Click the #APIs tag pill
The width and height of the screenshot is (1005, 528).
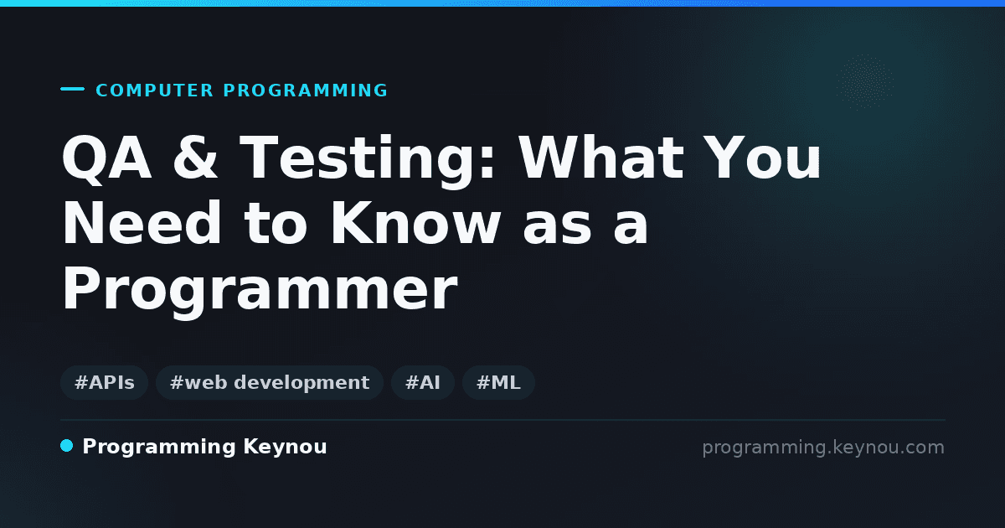(104, 382)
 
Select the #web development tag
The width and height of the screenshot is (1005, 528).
(269, 382)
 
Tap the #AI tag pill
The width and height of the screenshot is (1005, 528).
(423, 382)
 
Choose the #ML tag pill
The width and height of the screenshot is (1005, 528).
(498, 382)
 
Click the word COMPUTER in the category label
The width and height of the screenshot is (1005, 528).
(154, 91)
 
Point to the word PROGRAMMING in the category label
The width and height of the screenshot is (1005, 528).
(305, 91)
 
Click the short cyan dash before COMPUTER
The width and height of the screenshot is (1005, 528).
(72, 89)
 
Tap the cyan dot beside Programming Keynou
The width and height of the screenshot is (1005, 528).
(66, 446)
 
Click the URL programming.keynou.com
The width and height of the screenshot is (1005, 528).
(823, 448)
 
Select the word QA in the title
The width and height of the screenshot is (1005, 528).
(106, 158)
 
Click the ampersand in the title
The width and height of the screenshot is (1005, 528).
(194, 158)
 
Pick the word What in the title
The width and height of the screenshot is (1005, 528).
(601, 158)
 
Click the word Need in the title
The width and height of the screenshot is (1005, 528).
(142, 223)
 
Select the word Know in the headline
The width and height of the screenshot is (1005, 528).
(415, 223)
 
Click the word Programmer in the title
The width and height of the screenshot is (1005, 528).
(260, 291)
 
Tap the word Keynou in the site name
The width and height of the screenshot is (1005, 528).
(285, 448)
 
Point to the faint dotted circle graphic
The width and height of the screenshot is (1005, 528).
(865, 82)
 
